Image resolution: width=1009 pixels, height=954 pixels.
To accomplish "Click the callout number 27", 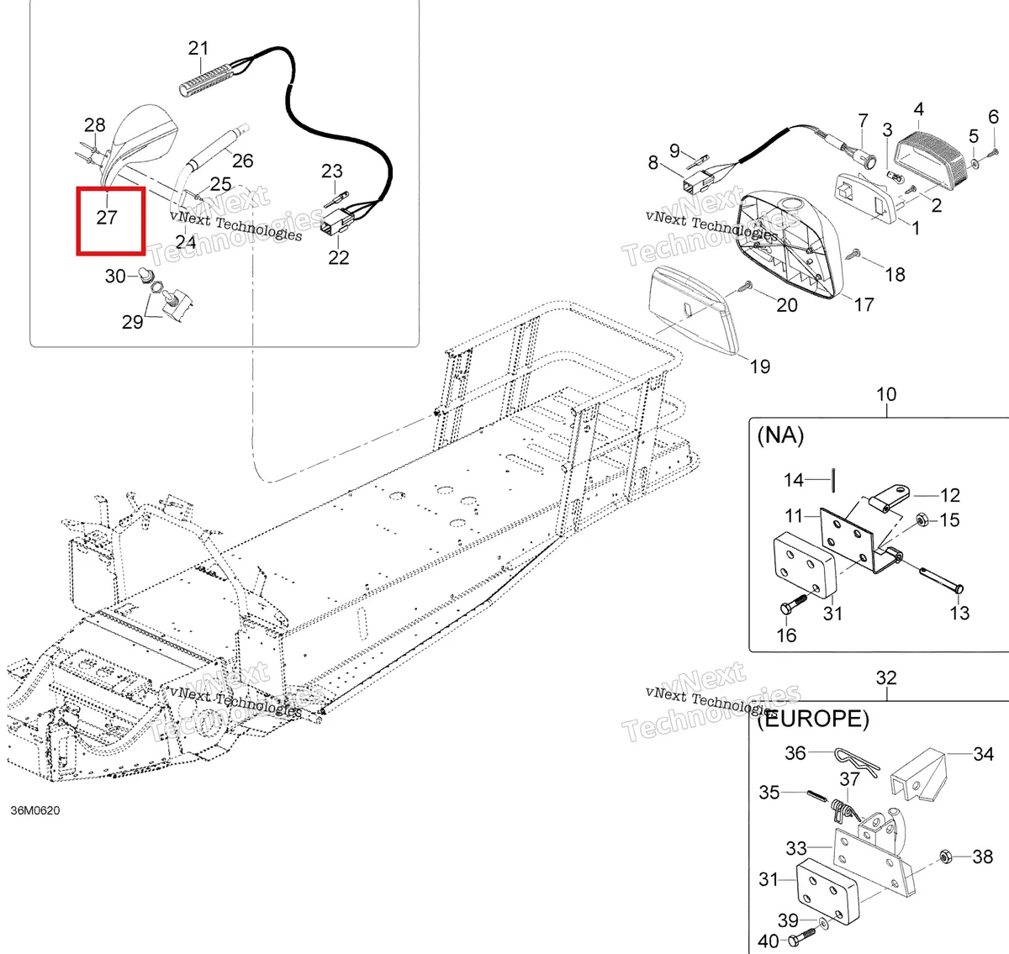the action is [x=107, y=218].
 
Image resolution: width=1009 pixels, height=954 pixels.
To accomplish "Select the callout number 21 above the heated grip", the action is [x=198, y=48].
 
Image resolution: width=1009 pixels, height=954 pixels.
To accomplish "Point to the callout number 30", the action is [x=115, y=276].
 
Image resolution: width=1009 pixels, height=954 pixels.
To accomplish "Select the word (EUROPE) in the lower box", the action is [x=813, y=719].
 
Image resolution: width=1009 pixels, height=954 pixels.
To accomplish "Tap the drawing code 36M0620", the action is [x=35, y=810].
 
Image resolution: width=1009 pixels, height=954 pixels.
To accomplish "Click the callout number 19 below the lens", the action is [x=760, y=366].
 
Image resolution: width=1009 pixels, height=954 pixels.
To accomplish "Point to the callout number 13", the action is [x=959, y=613].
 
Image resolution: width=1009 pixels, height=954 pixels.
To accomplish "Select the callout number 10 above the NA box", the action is [x=886, y=394].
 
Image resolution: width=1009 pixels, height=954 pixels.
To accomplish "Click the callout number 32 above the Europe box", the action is [x=886, y=677].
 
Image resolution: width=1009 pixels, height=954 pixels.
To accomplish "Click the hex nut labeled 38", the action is [x=945, y=856].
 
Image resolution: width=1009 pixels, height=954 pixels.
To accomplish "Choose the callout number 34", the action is [x=984, y=754].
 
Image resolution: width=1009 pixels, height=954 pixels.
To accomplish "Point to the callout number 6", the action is [x=994, y=117].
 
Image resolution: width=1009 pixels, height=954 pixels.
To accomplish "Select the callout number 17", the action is [x=864, y=305].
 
